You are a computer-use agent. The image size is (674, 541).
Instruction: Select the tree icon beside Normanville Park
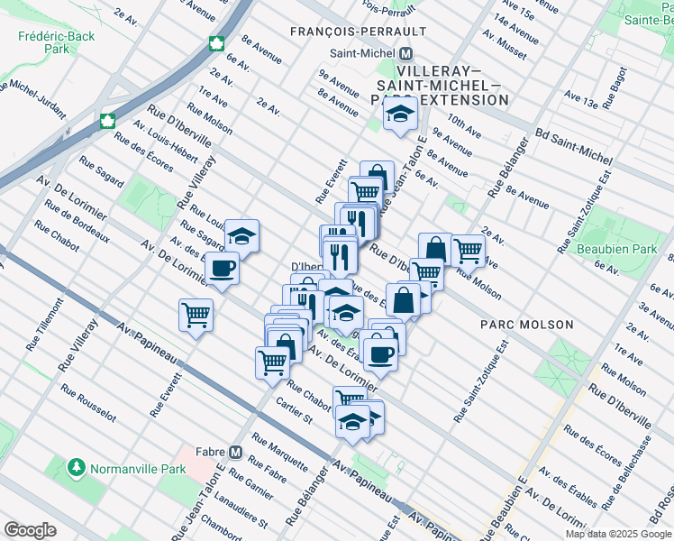coord(77,469)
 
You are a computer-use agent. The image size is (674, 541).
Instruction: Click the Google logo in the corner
coord(30,529)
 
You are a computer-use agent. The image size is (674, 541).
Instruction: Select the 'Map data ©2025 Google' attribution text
coord(617,534)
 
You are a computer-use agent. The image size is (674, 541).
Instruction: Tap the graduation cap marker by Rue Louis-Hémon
coord(241,235)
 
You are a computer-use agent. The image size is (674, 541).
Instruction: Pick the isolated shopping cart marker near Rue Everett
coord(196,316)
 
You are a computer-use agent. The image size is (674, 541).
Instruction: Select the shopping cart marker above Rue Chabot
coord(271,362)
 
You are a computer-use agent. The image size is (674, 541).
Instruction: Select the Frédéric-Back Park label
coord(43,43)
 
